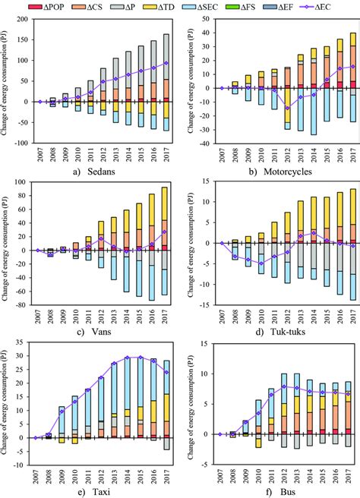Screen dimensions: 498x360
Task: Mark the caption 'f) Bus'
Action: [x=270, y=491]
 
